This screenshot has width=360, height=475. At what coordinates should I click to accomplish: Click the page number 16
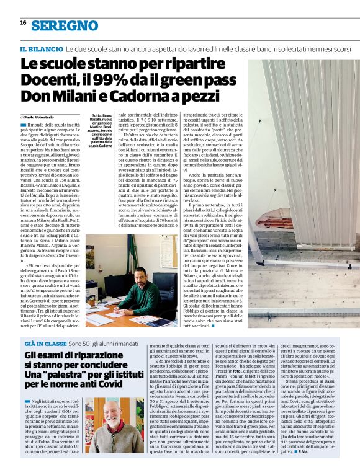(22, 22)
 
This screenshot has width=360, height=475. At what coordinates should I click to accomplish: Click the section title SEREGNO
(65, 25)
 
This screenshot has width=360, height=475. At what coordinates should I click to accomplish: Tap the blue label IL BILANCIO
(41, 48)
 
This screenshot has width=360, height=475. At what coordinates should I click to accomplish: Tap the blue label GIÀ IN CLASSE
(44, 343)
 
